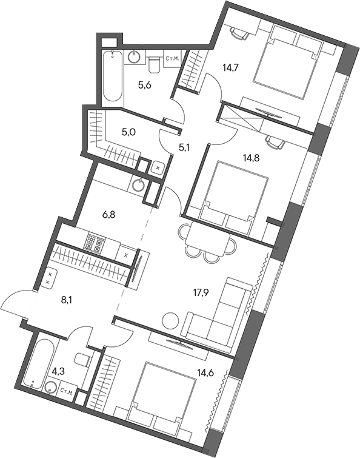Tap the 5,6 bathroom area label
tap(144, 86)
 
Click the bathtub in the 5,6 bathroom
tap(111, 78)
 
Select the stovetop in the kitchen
tap(94, 244)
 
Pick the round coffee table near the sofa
tap(171, 319)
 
